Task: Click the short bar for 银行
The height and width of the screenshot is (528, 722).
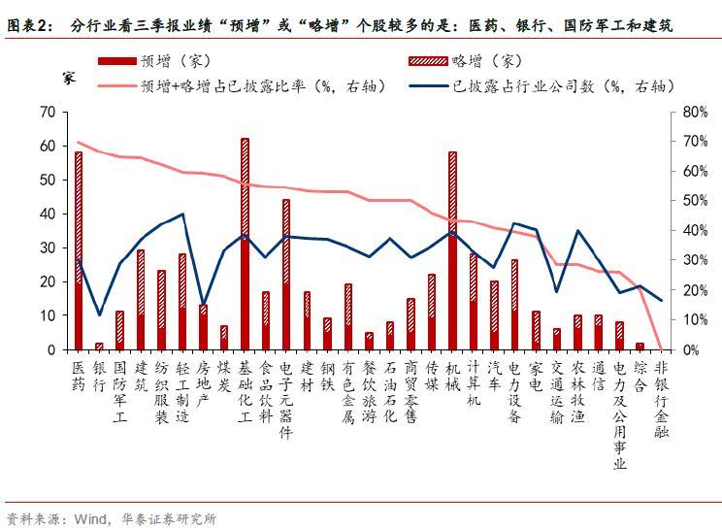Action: (99, 346)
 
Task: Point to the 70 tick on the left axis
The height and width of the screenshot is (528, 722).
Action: (47, 112)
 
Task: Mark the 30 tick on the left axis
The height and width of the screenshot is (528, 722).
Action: (47, 247)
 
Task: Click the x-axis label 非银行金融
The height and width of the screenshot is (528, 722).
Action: (661, 399)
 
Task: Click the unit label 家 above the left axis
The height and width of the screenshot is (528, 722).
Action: (69, 77)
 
